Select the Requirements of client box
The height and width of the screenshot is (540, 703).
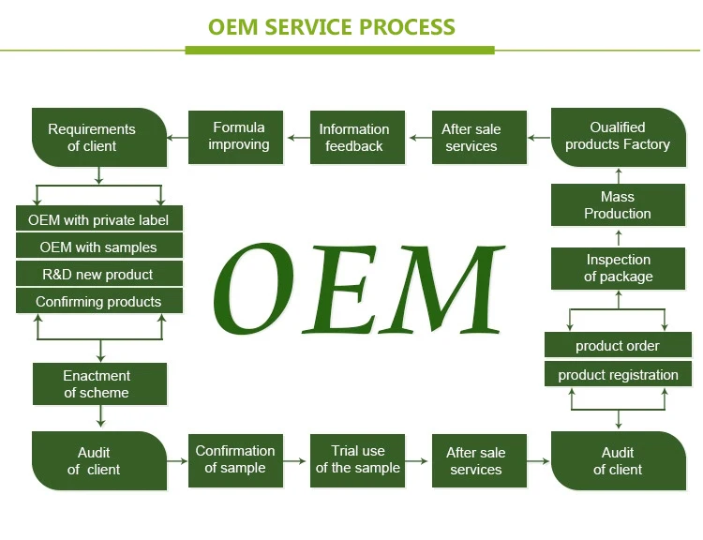pyautogui.click(x=98, y=138)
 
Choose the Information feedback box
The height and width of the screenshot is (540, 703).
pyautogui.click(x=353, y=138)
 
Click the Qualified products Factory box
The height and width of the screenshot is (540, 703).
pyautogui.click(x=618, y=137)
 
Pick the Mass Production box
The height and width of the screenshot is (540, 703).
pyautogui.click(x=618, y=205)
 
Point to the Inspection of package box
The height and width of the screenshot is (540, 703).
pyautogui.click(x=618, y=268)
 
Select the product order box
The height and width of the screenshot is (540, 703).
pyautogui.click(x=618, y=346)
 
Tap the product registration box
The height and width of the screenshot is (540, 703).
pyautogui.click(x=618, y=375)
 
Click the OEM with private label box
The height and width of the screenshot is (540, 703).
pyautogui.click(x=98, y=220)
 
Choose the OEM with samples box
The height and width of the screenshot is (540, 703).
pyautogui.click(x=98, y=247)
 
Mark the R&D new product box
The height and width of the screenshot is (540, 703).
pyautogui.click(x=98, y=275)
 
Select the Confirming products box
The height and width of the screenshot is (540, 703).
pyautogui.click(x=98, y=302)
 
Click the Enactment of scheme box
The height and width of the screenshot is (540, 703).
pyautogui.click(x=98, y=384)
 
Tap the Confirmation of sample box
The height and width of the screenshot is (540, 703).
pyautogui.click(x=236, y=459)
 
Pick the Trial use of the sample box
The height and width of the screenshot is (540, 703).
pyautogui.click(x=357, y=459)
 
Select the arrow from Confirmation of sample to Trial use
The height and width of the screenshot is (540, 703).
pyautogui.click(x=295, y=460)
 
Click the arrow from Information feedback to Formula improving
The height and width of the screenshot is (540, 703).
pyautogui.click(x=297, y=138)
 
